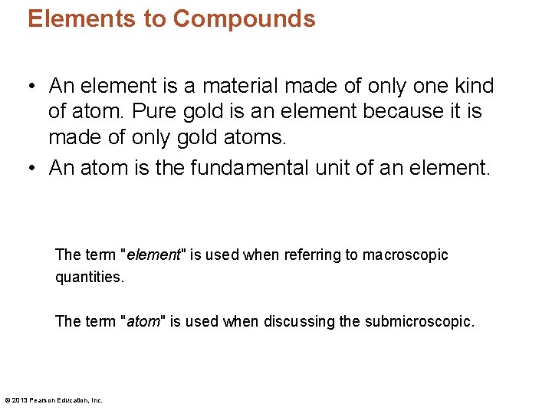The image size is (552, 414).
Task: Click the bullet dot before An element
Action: click(x=35, y=87)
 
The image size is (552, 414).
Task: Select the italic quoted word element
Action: click(x=153, y=255)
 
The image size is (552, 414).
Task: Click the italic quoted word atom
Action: click(x=143, y=321)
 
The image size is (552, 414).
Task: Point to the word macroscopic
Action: click(x=406, y=255)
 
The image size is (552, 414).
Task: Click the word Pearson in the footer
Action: click(x=42, y=400)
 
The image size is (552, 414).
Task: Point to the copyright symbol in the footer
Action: click(x=7, y=400)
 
